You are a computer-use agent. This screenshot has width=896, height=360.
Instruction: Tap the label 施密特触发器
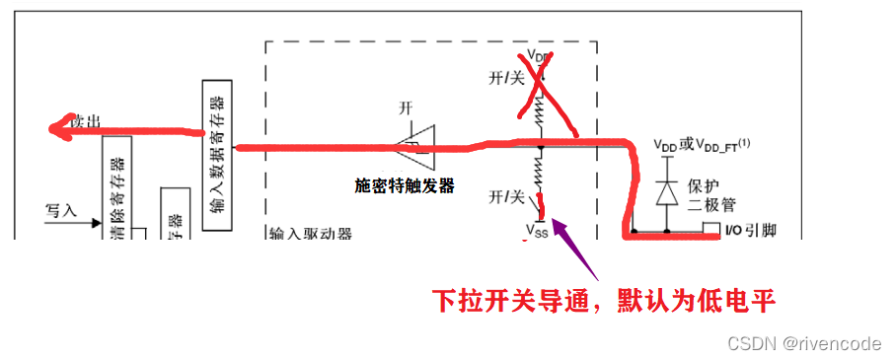pos(405,184)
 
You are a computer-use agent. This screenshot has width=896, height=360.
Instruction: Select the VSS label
pos(536,232)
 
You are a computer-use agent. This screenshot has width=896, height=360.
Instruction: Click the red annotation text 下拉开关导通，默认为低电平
pos(605,300)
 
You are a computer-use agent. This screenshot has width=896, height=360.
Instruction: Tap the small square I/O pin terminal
pos(709,230)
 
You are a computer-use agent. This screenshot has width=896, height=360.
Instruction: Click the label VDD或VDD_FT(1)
pos(702,144)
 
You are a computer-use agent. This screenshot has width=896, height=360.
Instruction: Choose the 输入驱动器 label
pos(310,235)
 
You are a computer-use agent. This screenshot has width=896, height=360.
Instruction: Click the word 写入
pos(61,210)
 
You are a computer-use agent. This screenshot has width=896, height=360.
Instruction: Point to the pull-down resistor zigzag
pos(540,177)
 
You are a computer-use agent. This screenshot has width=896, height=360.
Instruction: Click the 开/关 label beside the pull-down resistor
pos(507,197)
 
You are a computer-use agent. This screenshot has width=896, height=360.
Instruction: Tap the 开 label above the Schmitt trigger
pos(406,107)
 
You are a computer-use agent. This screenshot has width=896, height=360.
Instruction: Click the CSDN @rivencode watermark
pos(803,343)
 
